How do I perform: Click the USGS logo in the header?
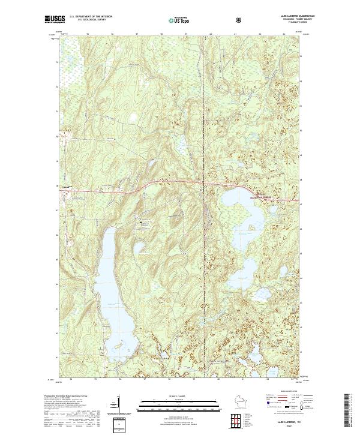pos(55,20)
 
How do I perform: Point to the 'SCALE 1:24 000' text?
pos(172,395)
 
